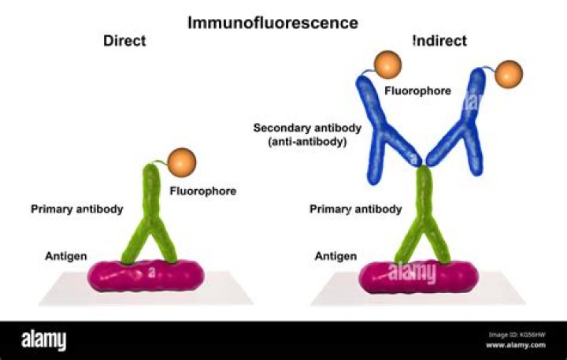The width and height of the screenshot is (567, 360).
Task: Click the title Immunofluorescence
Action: coord(272,22)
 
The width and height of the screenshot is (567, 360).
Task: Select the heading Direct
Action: coord(124,41)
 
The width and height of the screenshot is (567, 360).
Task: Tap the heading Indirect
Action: coord(439,41)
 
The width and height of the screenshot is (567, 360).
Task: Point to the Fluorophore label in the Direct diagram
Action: coord(203,191)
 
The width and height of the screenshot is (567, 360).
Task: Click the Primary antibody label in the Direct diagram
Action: coord(77,210)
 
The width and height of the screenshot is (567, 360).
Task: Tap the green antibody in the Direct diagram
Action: coord(152,225)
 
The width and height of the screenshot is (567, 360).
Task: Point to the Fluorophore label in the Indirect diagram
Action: coord(417,91)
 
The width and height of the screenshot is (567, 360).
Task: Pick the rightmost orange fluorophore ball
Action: coord(509,73)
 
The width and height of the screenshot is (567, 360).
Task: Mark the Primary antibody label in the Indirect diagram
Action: coord(356,210)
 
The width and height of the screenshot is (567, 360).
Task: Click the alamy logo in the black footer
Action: coord(44,340)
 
